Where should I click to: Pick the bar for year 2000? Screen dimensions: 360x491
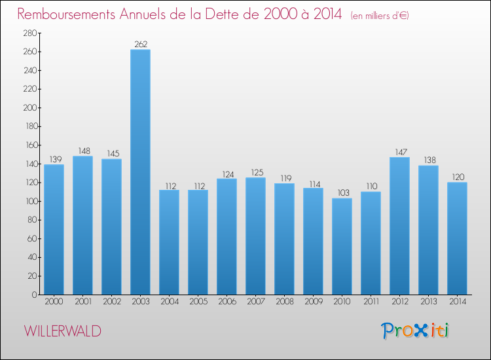[54, 229]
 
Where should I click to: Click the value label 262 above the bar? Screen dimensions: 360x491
[140, 45]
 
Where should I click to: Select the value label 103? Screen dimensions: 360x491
[342, 193]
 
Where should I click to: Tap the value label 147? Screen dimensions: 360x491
[399, 152]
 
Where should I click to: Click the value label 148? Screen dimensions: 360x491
[82, 151]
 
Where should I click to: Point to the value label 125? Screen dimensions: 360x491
[255, 173]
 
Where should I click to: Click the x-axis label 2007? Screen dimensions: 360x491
[255, 302]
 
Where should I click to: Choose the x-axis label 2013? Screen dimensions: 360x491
[428, 302]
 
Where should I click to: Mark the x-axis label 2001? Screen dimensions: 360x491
[82, 302]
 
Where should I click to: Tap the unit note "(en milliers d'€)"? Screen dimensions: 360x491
[380, 15]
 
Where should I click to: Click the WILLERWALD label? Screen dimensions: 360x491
[63, 331]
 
